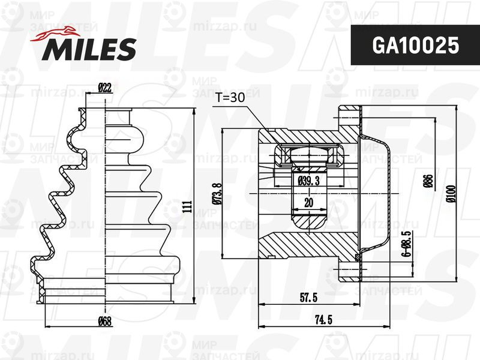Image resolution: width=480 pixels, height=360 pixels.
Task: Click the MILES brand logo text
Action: coord(88,50)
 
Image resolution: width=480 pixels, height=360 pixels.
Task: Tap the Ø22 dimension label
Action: coord(105,88)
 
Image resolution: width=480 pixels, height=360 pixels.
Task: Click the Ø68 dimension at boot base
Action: coord(105,321)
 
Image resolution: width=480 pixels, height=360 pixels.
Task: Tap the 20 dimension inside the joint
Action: coord(308,203)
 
